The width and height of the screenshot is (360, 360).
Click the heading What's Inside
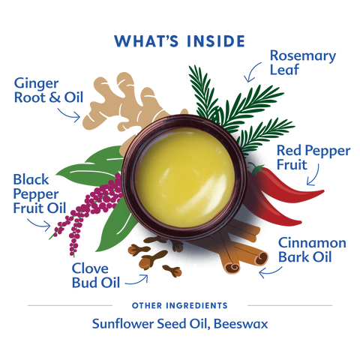[x=179, y=41]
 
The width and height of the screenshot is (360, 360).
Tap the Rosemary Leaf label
[x=303, y=62]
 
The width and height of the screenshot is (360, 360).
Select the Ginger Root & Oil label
[x=49, y=90]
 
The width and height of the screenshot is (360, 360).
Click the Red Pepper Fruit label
[x=313, y=157]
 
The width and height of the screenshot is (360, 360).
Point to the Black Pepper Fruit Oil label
[x=40, y=193]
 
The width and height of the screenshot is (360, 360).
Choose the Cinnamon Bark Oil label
[x=312, y=250]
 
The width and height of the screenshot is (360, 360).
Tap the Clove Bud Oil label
[x=96, y=275]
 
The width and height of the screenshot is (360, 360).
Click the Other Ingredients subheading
[x=180, y=305]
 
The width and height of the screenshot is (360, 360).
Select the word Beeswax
[x=241, y=324]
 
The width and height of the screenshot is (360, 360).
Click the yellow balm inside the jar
[x=185, y=178]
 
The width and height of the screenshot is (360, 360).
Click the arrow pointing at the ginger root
[x=68, y=115]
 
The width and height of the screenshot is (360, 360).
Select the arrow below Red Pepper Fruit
[x=316, y=176]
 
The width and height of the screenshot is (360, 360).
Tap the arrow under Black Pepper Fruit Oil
[x=39, y=224]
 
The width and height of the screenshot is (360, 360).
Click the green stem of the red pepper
[x=256, y=169]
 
